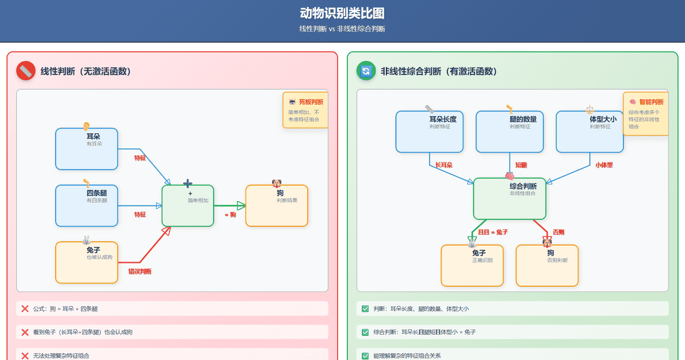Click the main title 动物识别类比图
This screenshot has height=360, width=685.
pyautogui.click(x=342, y=13)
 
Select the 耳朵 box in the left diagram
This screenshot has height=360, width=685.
pyautogui.click(x=86, y=149)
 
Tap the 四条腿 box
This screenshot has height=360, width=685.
pyautogui.click(x=86, y=205)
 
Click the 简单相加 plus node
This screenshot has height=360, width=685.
pyautogui.click(x=188, y=205)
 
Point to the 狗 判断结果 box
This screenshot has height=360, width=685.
pyautogui.click(x=277, y=205)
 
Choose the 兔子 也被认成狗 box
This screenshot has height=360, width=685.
pyautogui.click(x=86, y=262)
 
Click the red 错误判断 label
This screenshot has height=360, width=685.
pyautogui.click(x=140, y=272)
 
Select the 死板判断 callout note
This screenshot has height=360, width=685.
pyautogui.click(x=305, y=110)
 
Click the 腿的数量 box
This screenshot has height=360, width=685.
pyautogui.click(x=509, y=132)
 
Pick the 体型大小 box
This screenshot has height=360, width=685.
pyautogui.click(x=590, y=132)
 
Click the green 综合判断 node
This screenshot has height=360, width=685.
pyautogui.click(x=509, y=198)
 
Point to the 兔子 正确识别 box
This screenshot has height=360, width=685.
pyautogui.click(x=472, y=265)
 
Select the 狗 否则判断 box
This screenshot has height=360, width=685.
pyautogui.click(x=547, y=265)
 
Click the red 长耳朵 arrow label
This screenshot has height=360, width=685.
pyautogui.click(x=444, y=165)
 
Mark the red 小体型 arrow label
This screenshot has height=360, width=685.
pyautogui.click(x=604, y=165)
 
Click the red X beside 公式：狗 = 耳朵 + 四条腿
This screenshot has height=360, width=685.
pyautogui.click(x=25, y=309)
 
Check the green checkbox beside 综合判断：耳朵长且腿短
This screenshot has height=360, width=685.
pyautogui.click(x=366, y=332)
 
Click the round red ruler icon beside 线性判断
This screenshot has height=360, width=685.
pyautogui.click(x=26, y=71)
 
